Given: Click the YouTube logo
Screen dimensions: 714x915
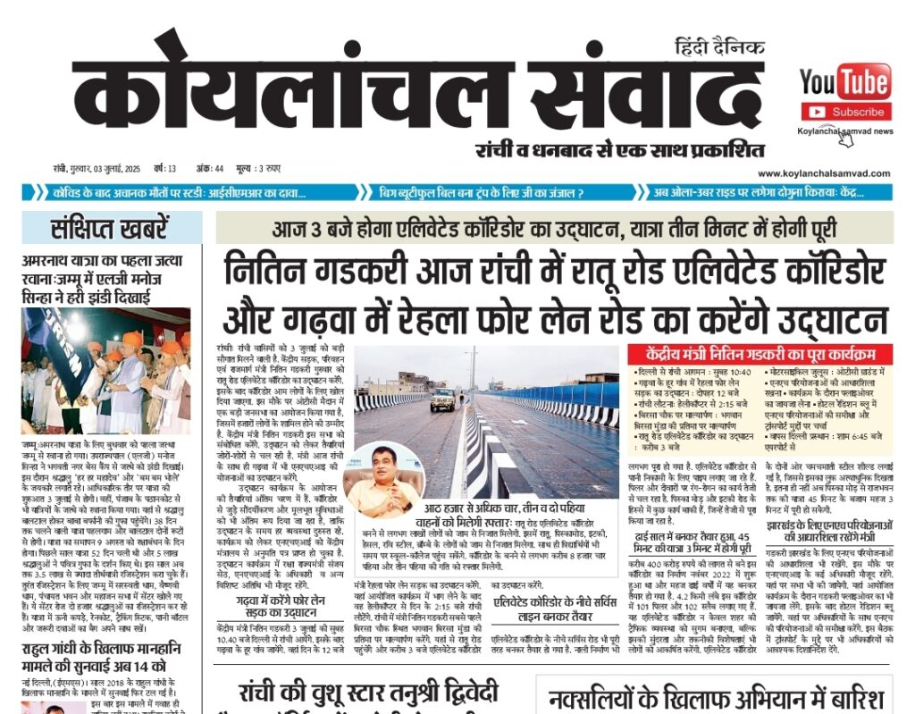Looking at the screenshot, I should coord(844,81).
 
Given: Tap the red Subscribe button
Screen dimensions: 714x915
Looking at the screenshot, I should coord(845,112).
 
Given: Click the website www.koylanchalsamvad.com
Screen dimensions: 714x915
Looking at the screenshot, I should coord(825,173).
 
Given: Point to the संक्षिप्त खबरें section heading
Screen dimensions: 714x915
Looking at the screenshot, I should coord(109,228).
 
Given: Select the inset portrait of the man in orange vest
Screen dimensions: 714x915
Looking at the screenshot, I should coord(382,480).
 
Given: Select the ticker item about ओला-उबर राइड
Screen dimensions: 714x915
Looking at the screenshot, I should coord(770,192).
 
